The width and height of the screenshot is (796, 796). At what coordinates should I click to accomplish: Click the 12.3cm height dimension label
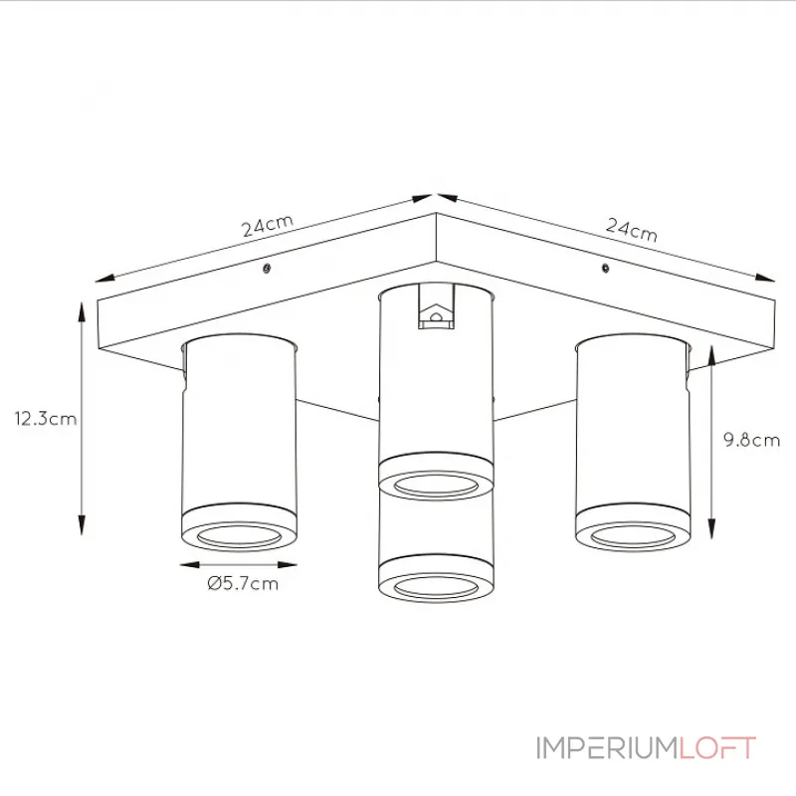pos(46,419)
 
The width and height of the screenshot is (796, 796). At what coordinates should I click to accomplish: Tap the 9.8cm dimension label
pos(752,440)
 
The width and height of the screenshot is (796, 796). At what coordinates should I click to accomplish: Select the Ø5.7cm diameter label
pos(243,583)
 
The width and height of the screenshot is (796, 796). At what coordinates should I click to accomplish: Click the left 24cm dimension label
pos(268,226)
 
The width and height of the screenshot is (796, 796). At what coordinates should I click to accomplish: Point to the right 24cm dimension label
pos(632,230)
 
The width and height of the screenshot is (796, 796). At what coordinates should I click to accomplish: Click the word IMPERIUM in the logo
pos(607,748)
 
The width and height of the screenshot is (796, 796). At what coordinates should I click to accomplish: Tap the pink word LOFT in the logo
pos(717,748)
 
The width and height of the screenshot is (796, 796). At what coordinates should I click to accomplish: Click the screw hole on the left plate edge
pos(267,269)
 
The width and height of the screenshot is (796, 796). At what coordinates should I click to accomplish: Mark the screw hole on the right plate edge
pos(605,268)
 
